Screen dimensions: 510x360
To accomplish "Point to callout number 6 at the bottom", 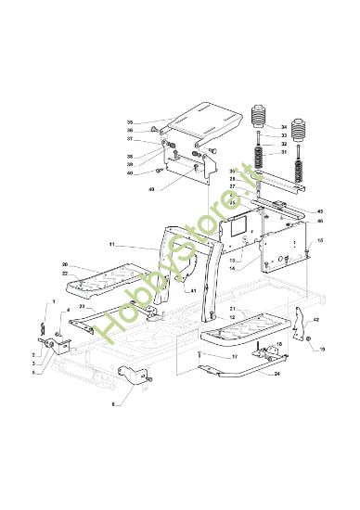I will [113, 405].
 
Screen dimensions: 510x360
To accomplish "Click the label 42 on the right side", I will [316, 319].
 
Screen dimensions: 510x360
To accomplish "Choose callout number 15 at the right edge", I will [320, 239].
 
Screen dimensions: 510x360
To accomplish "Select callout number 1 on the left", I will [54, 303].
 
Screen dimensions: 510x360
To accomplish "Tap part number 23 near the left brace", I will [80, 306].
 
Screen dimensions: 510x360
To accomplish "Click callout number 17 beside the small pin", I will [235, 356].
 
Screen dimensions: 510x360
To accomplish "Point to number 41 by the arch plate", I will [193, 291].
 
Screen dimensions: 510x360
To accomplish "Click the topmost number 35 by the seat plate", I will [130, 121].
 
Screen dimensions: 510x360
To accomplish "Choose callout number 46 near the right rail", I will [320, 222].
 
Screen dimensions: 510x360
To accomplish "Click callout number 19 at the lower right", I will [322, 351].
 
